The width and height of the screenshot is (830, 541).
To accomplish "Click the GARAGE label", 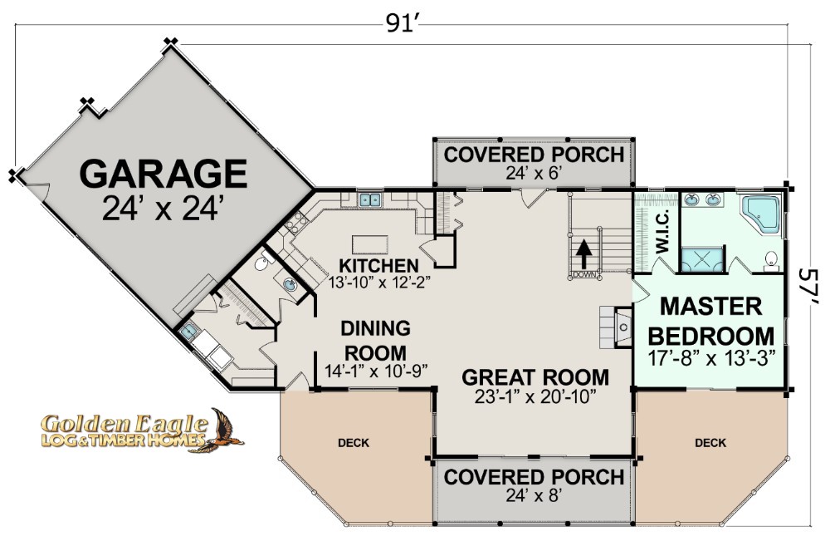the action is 164,174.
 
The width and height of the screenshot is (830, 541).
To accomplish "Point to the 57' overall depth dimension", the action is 809,288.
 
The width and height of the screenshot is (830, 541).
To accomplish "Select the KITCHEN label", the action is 378,265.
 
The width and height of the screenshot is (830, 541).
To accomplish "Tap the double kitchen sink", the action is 370,199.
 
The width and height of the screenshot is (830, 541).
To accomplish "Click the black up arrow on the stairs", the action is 583,254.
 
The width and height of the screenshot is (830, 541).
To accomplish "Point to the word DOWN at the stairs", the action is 585,275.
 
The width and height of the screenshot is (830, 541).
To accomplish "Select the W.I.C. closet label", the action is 662,231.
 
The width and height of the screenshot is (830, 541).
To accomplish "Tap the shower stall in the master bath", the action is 701,259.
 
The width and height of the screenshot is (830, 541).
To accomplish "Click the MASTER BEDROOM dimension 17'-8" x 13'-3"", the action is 711,359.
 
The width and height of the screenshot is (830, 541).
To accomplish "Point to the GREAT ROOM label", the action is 535,377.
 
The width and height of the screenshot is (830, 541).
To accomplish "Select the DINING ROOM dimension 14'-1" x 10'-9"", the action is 376,371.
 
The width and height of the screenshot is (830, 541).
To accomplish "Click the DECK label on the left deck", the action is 354,442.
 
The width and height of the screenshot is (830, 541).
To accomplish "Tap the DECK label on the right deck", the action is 711,442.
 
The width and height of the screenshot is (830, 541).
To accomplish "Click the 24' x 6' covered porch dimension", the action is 534,173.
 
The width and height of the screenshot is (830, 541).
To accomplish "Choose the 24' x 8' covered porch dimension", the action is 534,495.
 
